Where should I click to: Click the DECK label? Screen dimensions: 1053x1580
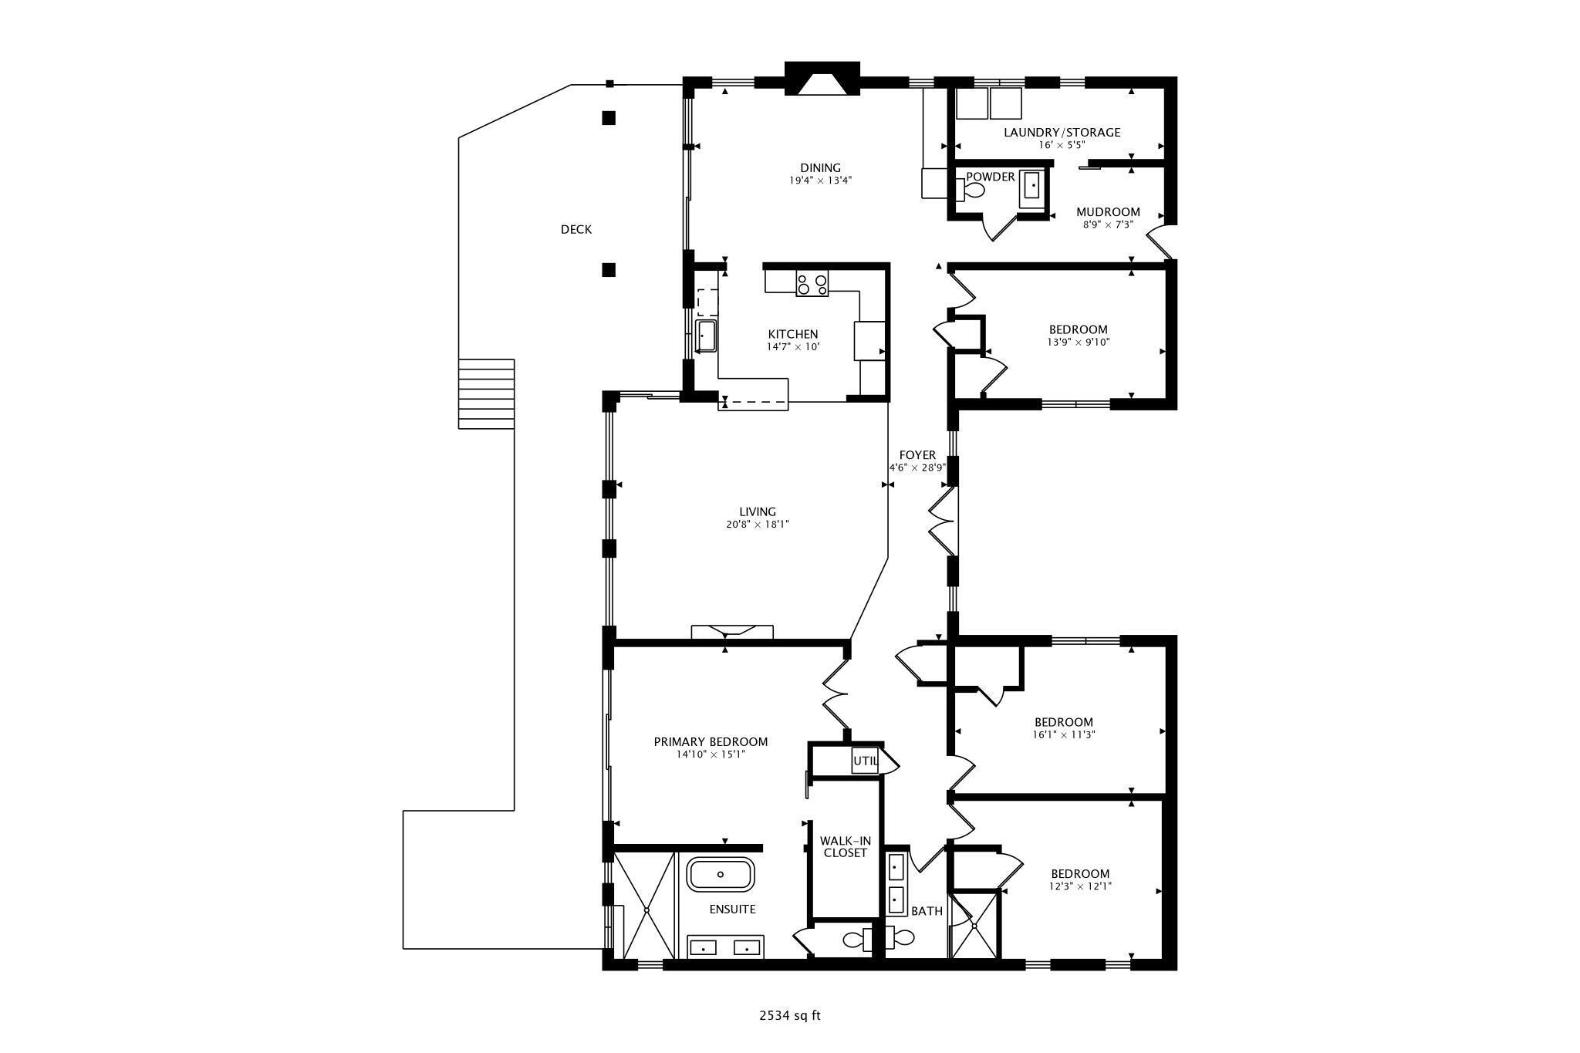coord(576,229)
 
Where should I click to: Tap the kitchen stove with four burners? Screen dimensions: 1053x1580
coord(812,285)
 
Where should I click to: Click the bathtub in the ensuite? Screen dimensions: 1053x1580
coord(721,874)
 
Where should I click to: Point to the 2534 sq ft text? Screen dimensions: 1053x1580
coord(789,1015)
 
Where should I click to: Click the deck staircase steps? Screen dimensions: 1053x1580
coord(486,393)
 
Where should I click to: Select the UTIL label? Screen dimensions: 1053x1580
coord(865,761)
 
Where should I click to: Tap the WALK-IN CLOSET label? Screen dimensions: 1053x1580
coord(844,846)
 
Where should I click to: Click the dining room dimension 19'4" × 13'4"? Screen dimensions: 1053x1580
coord(819,181)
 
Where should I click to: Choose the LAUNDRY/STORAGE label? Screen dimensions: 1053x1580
coord(1062,132)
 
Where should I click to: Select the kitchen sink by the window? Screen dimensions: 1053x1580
coord(705,336)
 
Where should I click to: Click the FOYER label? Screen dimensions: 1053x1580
coord(917,455)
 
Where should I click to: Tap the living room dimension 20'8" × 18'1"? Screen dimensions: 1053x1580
coord(757,525)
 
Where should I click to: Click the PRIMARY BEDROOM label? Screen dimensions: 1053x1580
coord(711,741)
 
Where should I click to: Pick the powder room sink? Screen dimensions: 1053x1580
coord(1032,187)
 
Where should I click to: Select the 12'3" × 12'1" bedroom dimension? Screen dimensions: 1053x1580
coord(1080,886)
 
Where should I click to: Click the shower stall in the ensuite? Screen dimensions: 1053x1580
coord(646,906)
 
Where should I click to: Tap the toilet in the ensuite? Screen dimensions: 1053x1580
coord(855,940)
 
